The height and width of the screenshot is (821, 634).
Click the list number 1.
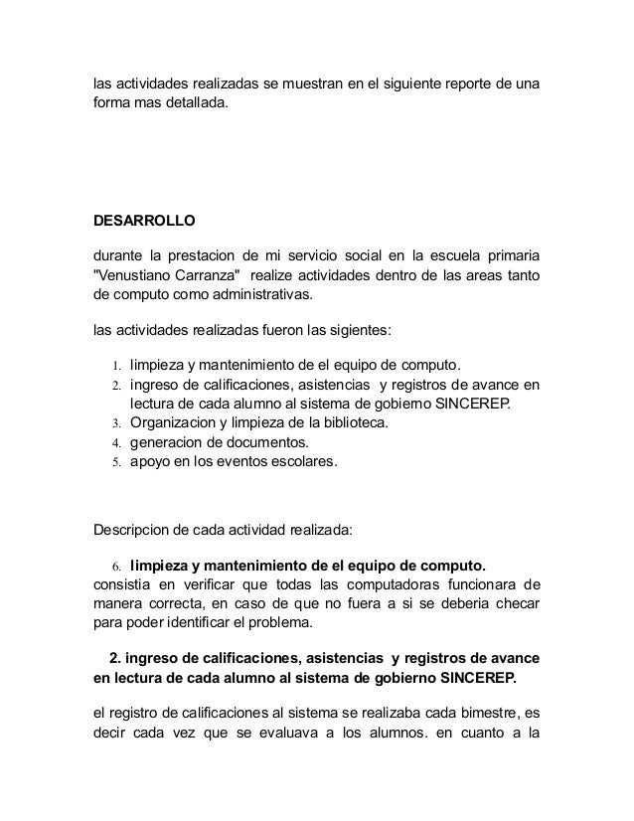116,364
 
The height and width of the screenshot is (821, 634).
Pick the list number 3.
116,423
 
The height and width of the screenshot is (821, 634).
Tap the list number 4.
116,443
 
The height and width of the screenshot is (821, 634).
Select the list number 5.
116,463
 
